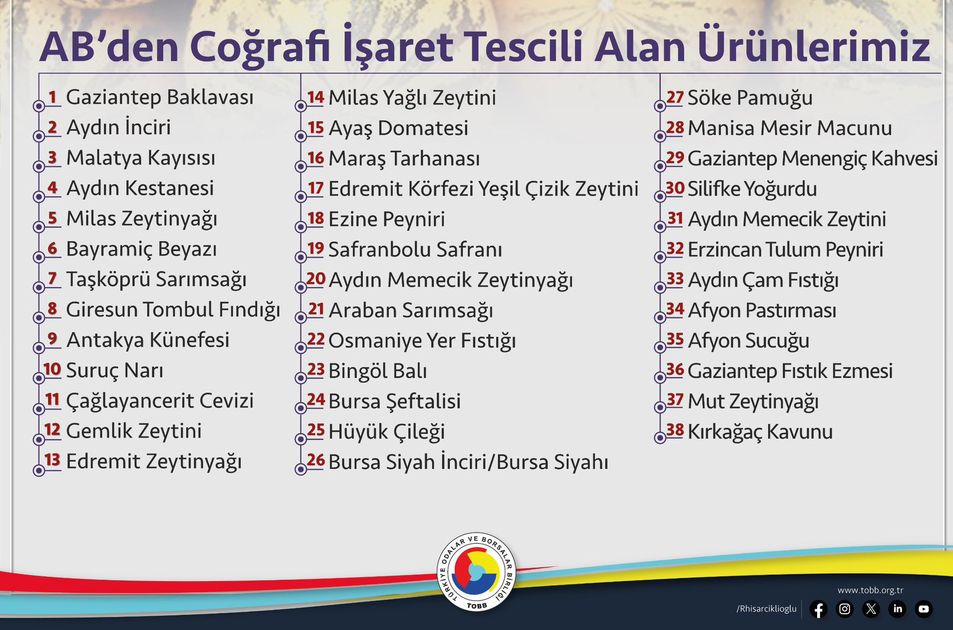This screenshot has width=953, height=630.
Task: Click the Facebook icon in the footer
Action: click(x=818, y=609)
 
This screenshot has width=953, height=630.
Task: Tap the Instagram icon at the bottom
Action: click(x=845, y=609)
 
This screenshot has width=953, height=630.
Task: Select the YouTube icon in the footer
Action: click(x=924, y=609)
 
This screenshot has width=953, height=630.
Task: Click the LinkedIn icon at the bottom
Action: click(x=897, y=609)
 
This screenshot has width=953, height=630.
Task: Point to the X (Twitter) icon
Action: click(x=871, y=609)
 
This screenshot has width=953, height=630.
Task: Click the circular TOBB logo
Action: click(x=476, y=572)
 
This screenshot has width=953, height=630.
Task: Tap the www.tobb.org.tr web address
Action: click(x=870, y=590)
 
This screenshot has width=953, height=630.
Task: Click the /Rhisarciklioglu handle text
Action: click(x=766, y=609)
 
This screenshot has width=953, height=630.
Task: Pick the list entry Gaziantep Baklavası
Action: click(x=160, y=97)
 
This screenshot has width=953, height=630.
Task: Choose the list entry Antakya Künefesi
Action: click(x=148, y=340)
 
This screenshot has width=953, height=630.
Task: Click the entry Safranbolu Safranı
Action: click(x=415, y=250)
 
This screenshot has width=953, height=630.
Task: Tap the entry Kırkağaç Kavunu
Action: click(x=760, y=432)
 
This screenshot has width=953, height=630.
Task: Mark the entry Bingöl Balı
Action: click(x=377, y=371)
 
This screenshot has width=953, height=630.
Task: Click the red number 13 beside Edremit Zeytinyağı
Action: click(x=52, y=460)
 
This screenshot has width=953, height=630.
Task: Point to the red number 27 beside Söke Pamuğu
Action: click(x=675, y=97)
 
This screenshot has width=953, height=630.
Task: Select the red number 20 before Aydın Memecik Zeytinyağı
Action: click(x=316, y=279)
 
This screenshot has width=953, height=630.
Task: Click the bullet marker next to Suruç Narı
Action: click(x=38, y=378)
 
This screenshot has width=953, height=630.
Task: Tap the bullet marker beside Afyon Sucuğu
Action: click(x=660, y=348)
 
